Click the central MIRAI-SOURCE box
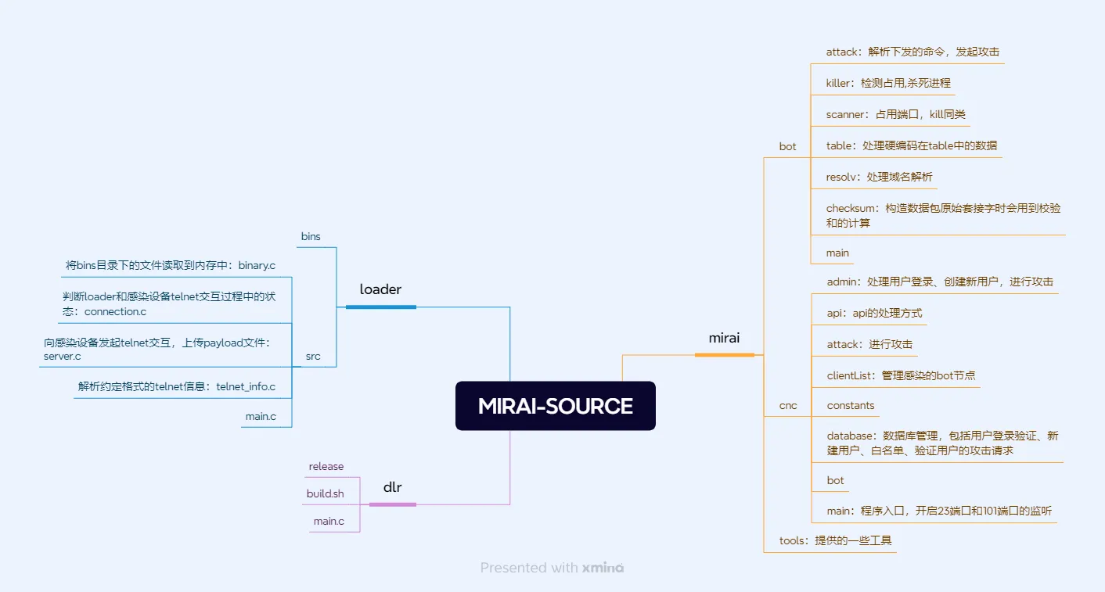(555, 406)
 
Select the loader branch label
(380, 289)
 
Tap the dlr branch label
(392, 487)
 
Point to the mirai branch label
(724, 338)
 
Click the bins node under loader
(311, 236)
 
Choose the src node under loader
(313, 357)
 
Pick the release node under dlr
(326, 467)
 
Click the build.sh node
(325, 494)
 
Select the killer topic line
(888, 83)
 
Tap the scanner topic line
(895, 114)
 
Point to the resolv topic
(879, 177)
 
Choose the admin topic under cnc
(939, 282)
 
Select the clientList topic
(901, 375)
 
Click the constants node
(851, 405)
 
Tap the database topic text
(942, 443)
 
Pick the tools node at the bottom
(835, 540)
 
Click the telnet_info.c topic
(176, 386)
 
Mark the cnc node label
(788, 405)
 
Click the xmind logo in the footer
(603, 568)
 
